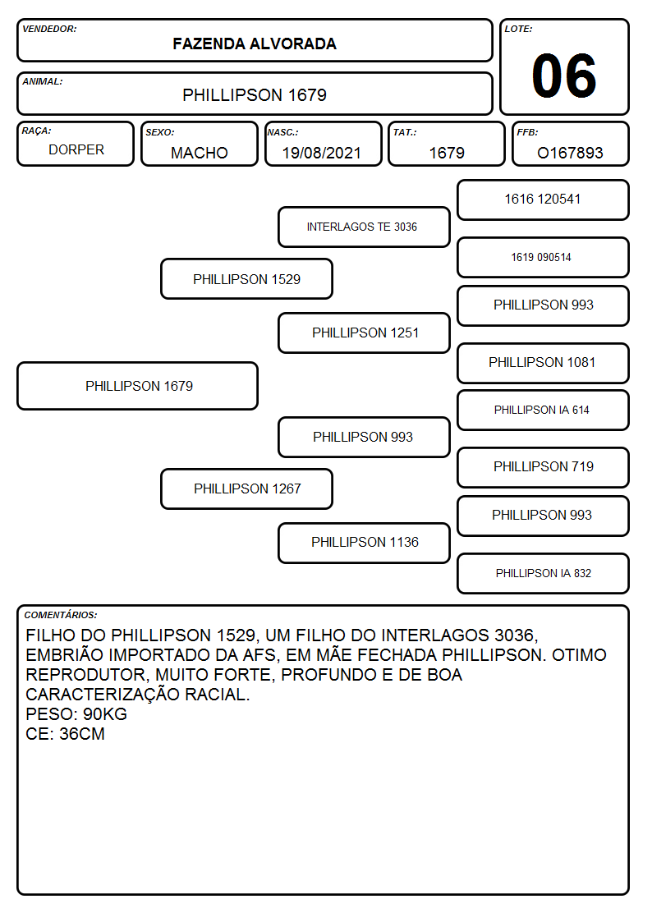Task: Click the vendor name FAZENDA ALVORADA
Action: (x=255, y=44)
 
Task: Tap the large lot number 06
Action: (x=564, y=76)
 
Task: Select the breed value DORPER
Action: (x=76, y=150)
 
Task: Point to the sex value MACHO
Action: (x=200, y=153)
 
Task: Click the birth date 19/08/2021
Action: (x=322, y=153)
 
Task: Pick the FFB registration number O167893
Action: (x=570, y=153)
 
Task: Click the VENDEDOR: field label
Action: (x=49, y=29)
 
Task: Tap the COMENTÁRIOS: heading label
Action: (x=61, y=615)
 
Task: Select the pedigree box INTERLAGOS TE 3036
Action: (x=364, y=227)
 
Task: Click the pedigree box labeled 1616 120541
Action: (x=544, y=200)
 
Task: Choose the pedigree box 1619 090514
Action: (x=544, y=258)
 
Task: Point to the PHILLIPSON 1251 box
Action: (x=364, y=333)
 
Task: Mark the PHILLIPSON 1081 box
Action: (x=544, y=363)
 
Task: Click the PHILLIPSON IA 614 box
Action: (x=544, y=410)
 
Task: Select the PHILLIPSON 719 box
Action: (x=544, y=467)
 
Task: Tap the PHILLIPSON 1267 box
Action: (x=247, y=489)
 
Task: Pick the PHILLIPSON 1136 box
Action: (x=364, y=543)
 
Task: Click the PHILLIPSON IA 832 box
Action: (x=544, y=573)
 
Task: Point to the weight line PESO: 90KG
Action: (x=76, y=714)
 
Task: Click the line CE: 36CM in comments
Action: (x=65, y=735)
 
